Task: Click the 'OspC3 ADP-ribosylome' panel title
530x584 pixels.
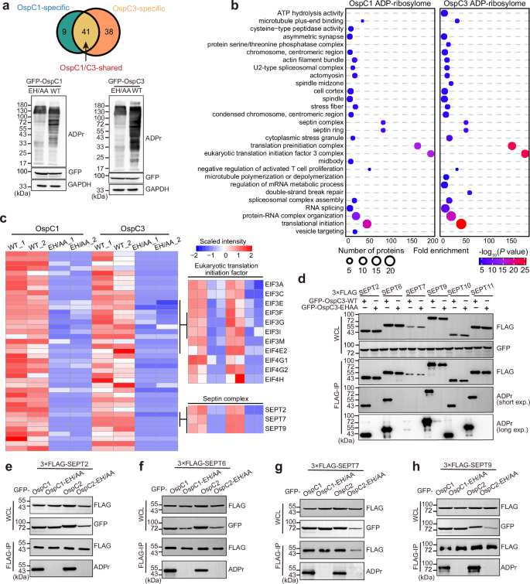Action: (x=482, y=5)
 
